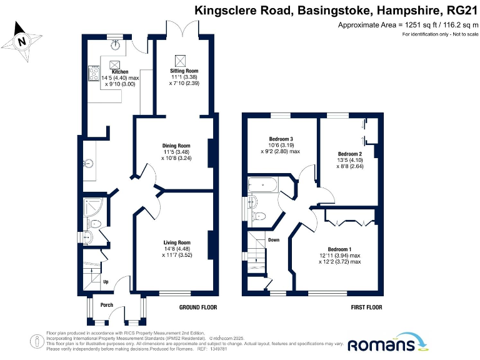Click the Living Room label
(177, 242)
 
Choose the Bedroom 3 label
(281, 139)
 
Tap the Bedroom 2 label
(350, 154)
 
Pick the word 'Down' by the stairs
(274, 239)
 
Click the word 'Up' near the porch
(106, 282)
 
